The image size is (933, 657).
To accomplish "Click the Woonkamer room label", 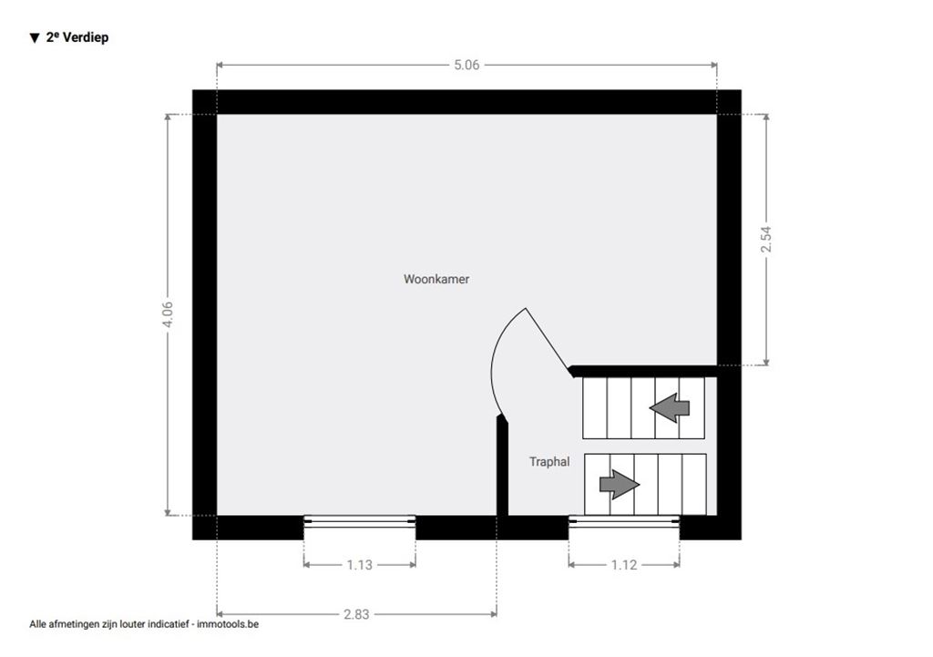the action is [436, 279].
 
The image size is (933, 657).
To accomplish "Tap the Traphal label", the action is [549, 461].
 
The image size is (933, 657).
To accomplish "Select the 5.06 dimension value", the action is [466, 65].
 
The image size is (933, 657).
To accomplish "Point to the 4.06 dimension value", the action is [168, 313].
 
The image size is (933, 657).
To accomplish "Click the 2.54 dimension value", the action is [765, 240].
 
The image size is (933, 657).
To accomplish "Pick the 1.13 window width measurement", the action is [359, 565].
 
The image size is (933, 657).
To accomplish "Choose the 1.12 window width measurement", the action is [624, 565].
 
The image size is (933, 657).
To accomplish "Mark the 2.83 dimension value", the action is [356, 614].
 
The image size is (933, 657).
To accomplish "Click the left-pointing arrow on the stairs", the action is [670, 408].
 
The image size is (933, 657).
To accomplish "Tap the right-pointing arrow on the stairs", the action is [620, 485].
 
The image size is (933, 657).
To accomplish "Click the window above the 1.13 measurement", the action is [359, 521].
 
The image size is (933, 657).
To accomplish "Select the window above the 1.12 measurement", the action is [624, 521].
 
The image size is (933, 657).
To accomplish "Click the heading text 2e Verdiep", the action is [77, 37].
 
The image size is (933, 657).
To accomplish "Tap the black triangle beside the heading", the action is [34, 38].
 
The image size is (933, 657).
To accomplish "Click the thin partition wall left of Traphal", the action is [502, 467].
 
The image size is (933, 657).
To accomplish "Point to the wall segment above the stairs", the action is [642, 371].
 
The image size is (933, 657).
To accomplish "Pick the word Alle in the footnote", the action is [37, 624].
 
